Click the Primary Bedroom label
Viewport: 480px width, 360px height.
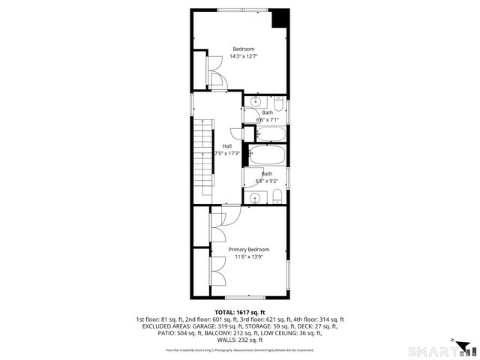(248, 249)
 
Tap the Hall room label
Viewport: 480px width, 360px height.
(226, 145)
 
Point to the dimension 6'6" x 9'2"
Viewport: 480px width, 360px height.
(267, 181)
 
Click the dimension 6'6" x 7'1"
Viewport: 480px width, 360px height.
(267, 119)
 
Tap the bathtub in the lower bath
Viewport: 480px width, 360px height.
(266, 157)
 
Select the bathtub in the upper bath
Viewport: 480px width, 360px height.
(270, 135)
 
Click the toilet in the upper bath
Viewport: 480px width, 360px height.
(279, 103)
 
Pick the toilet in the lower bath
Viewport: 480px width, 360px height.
(277, 196)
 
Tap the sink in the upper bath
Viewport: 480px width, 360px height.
(256, 102)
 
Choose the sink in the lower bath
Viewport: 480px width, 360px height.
(256, 198)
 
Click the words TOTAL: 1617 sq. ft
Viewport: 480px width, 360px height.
(240, 311)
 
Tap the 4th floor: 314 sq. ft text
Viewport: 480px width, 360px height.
(316, 319)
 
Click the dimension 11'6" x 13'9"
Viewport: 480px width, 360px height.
(248, 257)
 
